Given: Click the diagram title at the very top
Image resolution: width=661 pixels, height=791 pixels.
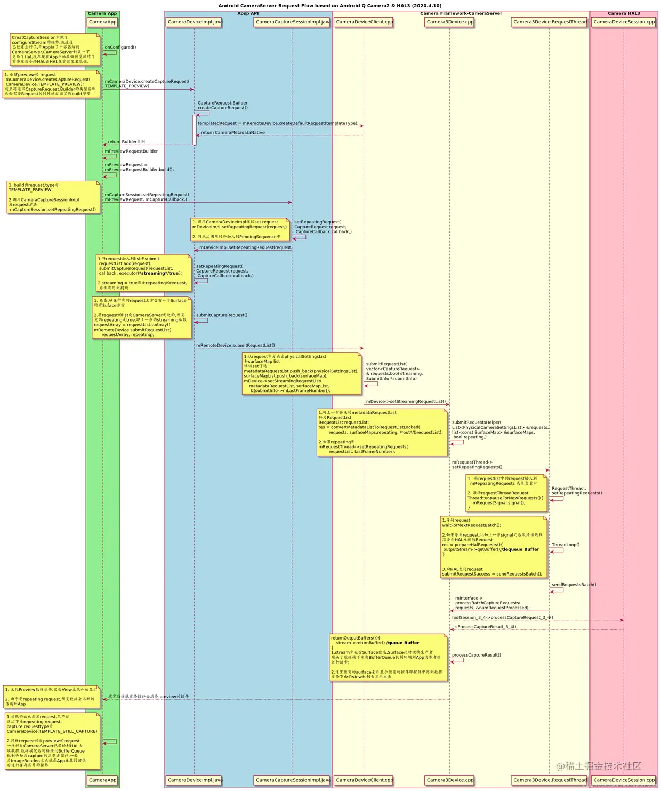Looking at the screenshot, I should (329, 6).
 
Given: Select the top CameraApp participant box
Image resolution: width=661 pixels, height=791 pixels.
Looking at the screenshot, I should (102, 22).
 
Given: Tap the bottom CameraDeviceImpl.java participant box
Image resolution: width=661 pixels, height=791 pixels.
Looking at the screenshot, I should (194, 780).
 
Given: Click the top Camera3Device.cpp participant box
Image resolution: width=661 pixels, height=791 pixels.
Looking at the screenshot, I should (449, 22).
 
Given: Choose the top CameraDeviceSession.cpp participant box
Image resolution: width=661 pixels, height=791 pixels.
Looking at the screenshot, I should (624, 22).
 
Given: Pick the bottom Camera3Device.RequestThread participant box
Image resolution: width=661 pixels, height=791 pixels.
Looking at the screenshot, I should (550, 780).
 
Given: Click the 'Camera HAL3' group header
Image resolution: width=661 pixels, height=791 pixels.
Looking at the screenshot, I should (623, 13).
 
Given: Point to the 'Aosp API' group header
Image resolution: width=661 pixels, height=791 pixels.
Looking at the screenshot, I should (248, 13).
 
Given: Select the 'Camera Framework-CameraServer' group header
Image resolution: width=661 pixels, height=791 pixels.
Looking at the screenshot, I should (461, 13).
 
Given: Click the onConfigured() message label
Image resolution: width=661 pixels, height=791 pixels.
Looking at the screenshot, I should (120, 47).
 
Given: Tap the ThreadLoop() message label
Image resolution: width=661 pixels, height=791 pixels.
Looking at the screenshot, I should (565, 545).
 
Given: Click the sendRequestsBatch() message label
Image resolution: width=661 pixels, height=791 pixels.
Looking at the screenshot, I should (574, 585).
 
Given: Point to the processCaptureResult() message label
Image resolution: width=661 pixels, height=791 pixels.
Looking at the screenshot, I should (476, 655).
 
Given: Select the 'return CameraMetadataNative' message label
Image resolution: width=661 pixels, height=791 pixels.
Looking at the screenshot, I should (232, 132).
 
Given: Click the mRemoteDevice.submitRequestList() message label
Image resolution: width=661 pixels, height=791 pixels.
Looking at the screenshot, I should (235, 345).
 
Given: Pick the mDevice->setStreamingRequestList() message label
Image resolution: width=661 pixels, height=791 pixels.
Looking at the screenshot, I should (406, 401).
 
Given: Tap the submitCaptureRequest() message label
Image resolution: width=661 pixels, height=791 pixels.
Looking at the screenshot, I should (221, 315).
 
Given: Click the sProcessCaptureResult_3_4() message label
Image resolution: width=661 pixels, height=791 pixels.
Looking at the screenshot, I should (485, 627).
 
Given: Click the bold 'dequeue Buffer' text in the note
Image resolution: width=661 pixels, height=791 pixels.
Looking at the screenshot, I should (520, 549).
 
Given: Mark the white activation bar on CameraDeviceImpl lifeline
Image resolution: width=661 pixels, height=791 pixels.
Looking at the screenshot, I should (194, 130).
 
